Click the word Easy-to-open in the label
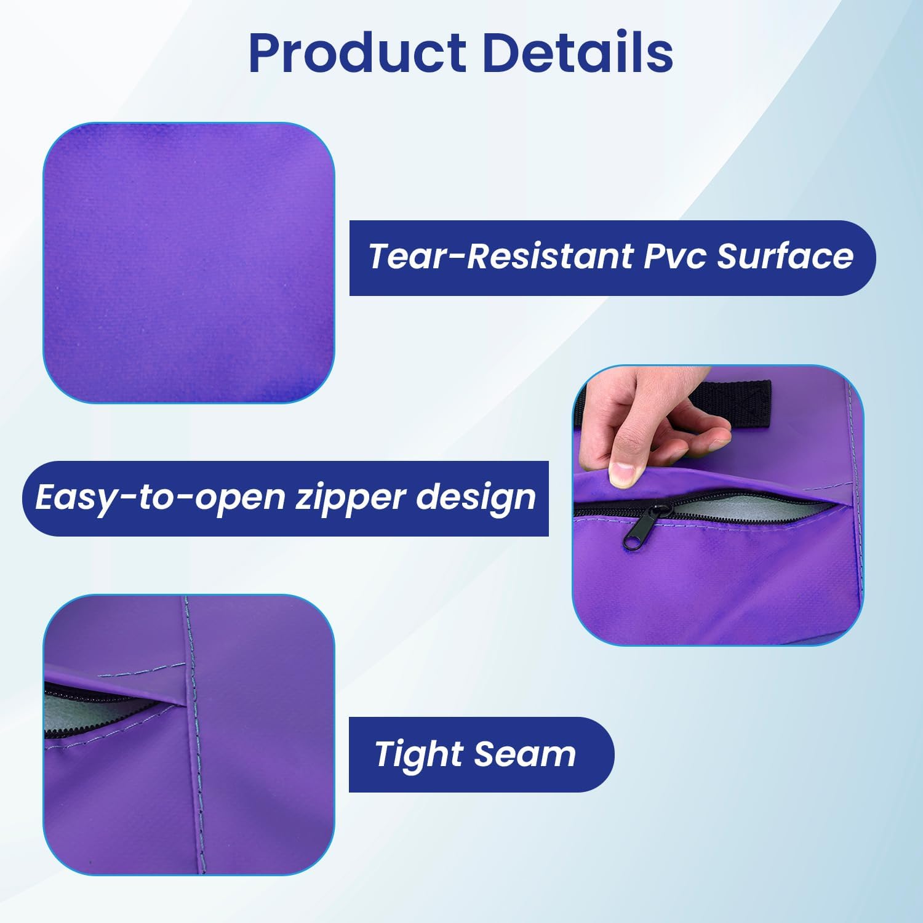tap(159, 499)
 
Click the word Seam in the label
tap(525, 754)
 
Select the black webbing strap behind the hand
tap(732, 402)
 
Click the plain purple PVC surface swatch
tap(189, 263)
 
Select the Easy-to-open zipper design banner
tap(286, 498)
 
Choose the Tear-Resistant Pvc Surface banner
tap(612, 258)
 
